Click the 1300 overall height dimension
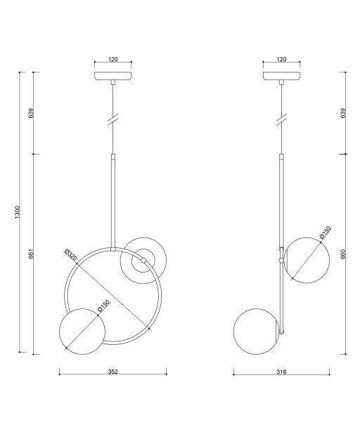coord(18,212)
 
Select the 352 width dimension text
coord(112,372)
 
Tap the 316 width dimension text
coord(281,372)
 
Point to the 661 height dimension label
coord(31,254)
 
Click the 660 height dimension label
coord(343,254)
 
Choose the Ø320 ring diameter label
coord(70,255)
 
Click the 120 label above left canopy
coord(112,59)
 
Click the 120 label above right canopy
coord(281,59)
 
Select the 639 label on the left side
coord(31,113)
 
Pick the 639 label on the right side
coord(343,113)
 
